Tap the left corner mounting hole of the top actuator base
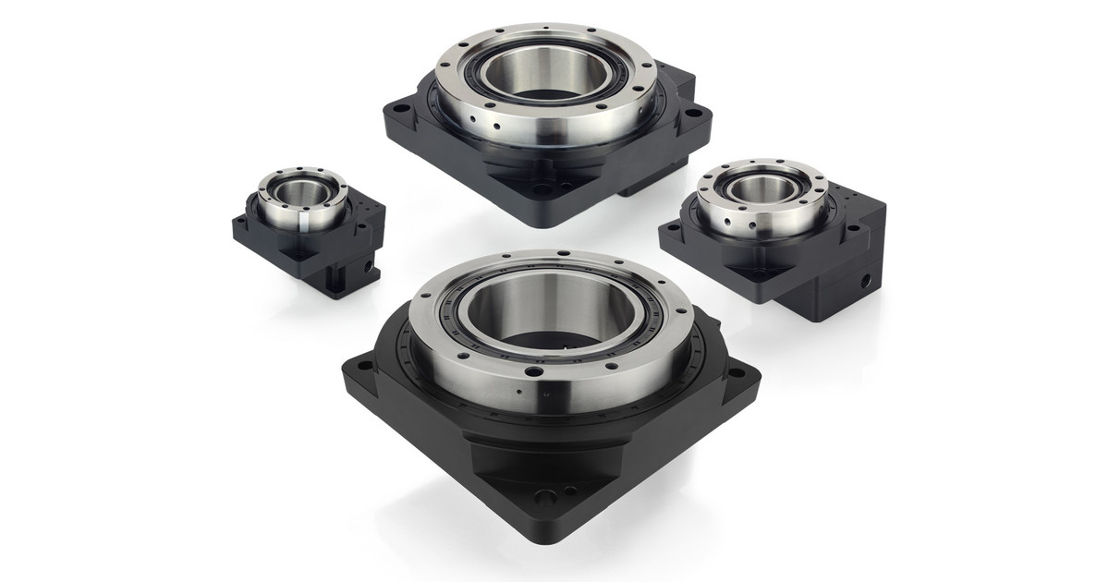pos(398,108)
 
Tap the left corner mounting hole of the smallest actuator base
pos(245,221)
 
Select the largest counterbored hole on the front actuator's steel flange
pos(533,372)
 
